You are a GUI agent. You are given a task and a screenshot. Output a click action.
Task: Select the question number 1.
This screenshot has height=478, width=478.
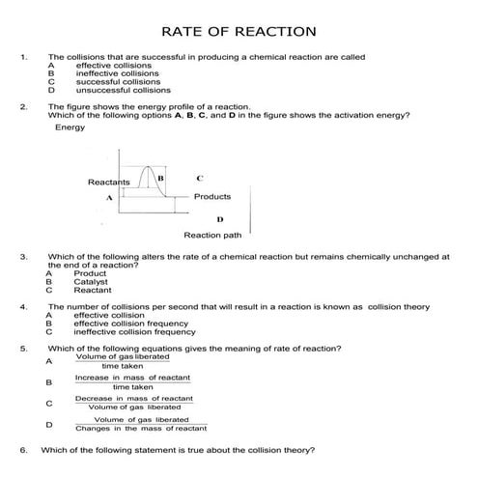[22, 57]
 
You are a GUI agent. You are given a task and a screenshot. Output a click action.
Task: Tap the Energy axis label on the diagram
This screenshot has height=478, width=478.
[70, 127]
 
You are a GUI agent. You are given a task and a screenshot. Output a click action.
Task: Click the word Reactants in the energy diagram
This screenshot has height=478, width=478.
[108, 182]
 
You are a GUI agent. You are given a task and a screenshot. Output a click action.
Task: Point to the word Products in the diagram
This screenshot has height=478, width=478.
[212, 196]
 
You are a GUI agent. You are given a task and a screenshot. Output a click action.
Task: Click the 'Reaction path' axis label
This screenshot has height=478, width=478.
[212, 235]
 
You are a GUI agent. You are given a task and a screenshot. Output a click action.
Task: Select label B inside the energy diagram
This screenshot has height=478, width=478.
[160, 179]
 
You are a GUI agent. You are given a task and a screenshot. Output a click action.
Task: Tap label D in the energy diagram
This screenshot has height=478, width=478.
[220, 219]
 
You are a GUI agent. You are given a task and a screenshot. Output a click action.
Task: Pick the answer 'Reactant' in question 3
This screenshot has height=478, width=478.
[92, 290]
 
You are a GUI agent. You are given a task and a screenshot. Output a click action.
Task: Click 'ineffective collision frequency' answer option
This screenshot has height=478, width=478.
[134, 332]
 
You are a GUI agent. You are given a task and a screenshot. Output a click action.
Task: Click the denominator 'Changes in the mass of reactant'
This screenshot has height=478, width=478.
[141, 428]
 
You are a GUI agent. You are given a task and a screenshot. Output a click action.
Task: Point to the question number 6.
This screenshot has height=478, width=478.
[22, 450]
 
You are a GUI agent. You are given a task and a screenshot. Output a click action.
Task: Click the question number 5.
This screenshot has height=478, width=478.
[22, 348]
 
